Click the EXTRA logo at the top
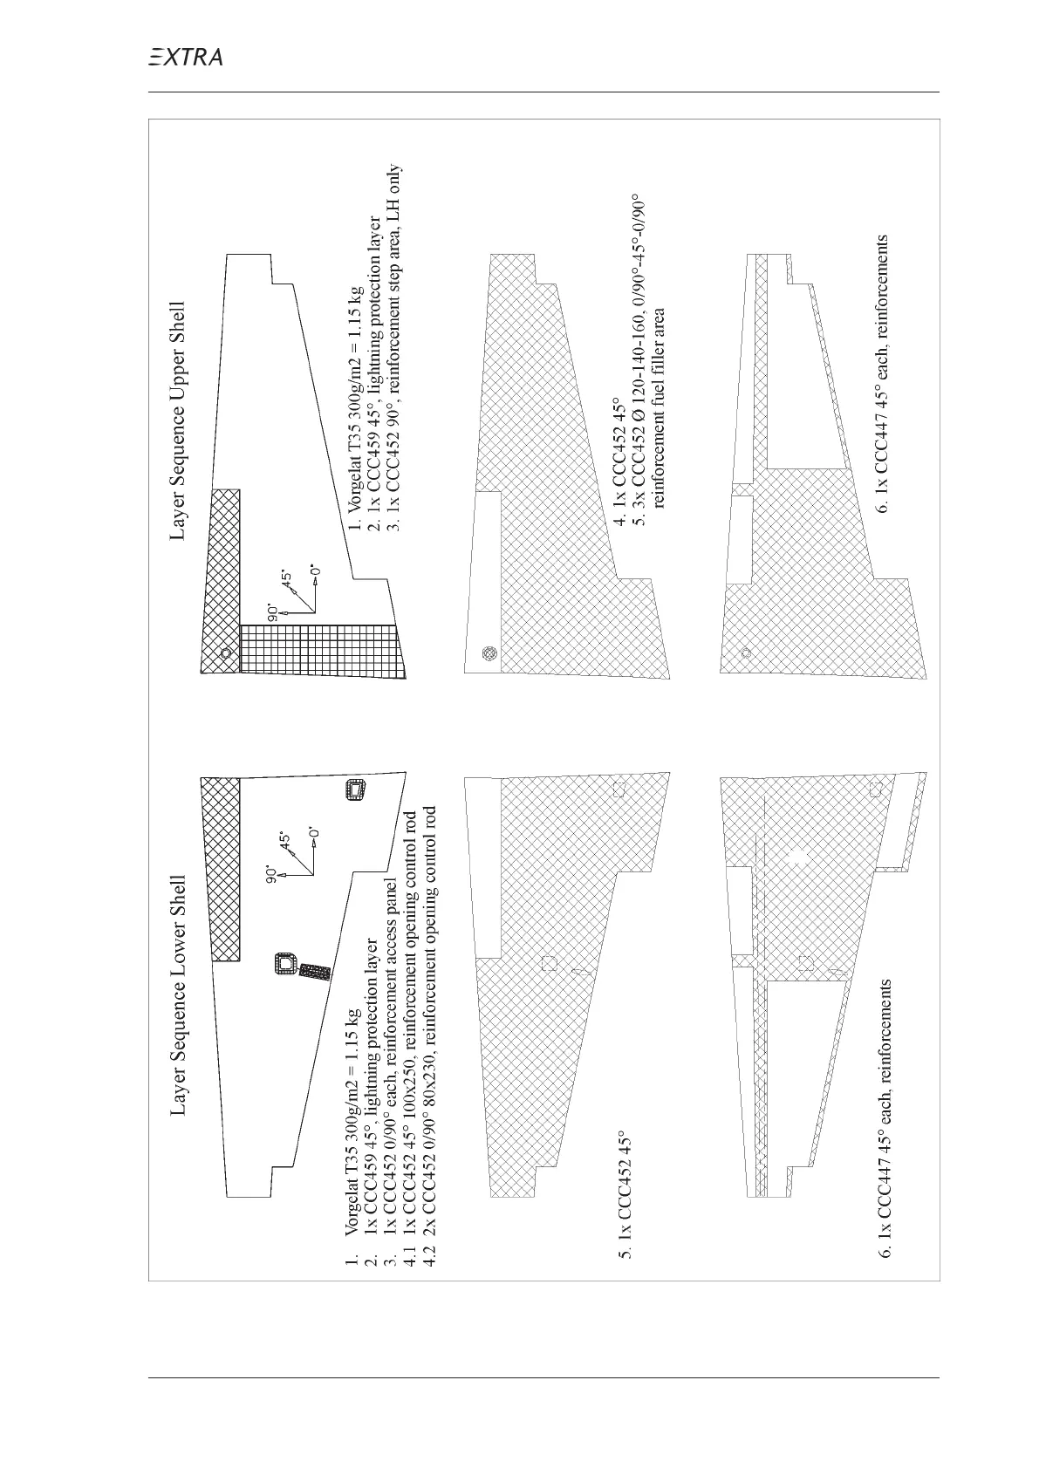[x=185, y=58]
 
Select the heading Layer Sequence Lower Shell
[x=179, y=995]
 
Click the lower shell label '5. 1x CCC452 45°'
[x=625, y=1196]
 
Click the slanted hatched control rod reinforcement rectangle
[x=314, y=972]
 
